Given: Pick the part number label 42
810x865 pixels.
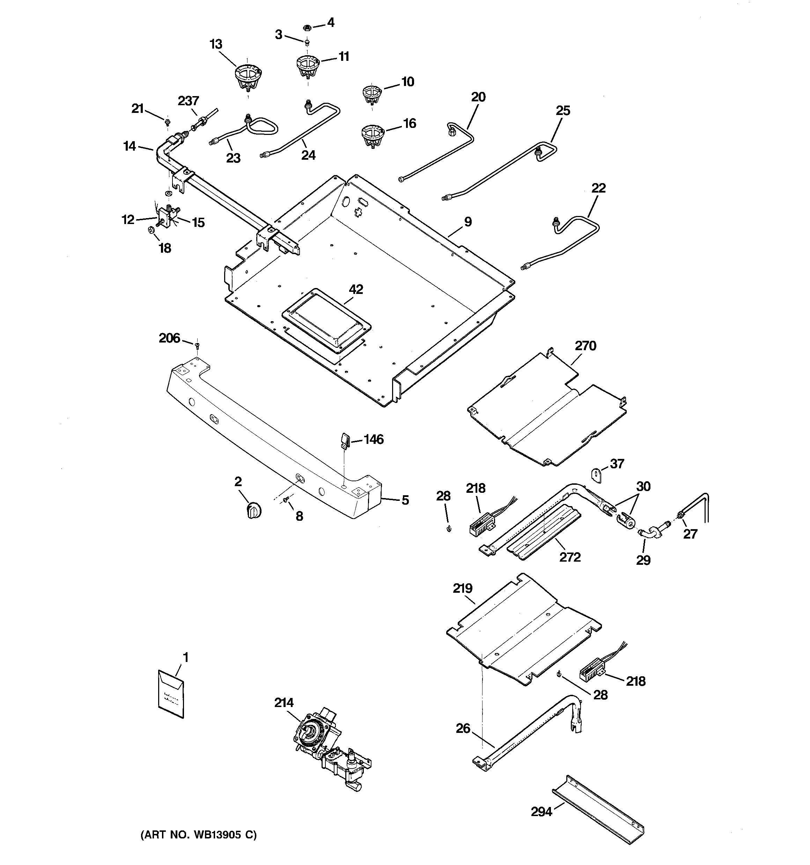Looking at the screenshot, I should point(356,289).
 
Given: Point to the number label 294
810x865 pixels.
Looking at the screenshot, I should point(541,812).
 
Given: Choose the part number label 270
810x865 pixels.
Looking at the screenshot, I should point(585,346).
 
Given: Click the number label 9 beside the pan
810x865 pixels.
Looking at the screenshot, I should point(467,222).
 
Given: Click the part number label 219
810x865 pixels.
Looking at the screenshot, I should point(462,589).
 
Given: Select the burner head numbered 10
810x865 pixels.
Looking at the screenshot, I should point(372,94).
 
